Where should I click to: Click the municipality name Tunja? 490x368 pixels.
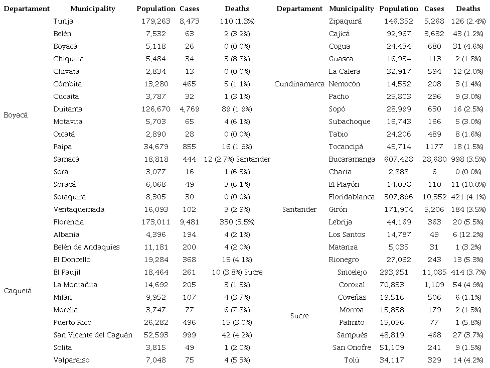pyautogui.click(x=62, y=21)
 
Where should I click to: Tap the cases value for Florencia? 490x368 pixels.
pyautogui.click(x=190, y=222)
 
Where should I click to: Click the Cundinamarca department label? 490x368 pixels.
pyautogui.click(x=299, y=84)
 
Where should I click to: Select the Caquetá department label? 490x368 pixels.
pyautogui.click(x=18, y=291)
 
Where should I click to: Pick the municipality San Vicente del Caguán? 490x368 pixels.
pyautogui.click(x=93, y=335)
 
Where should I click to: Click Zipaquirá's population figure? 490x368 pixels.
pyautogui.click(x=399, y=21)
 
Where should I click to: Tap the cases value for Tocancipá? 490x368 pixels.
pyautogui.click(x=434, y=147)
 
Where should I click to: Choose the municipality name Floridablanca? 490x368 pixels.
pyautogui.click(x=352, y=197)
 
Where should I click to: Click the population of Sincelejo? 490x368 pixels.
pyautogui.click(x=399, y=272)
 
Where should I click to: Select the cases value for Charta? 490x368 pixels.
pyautogui.click(x=434, y=172)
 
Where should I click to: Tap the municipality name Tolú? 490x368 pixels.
pyautogui.click(x=352, y=360)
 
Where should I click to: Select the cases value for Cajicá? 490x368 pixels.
pyautogui.click(x=434, y=34)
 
